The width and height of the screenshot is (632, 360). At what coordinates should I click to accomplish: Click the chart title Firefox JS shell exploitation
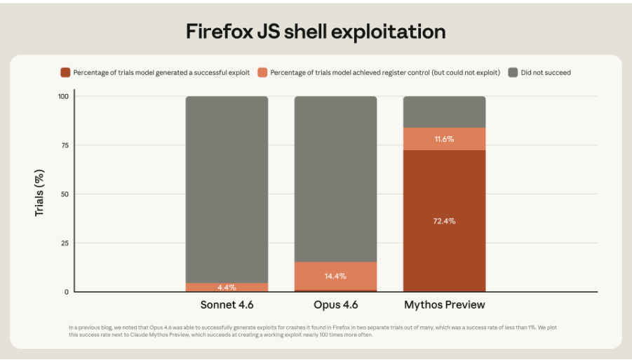[316, 31]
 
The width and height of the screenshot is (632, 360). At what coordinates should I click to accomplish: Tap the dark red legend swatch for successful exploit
[65, 72]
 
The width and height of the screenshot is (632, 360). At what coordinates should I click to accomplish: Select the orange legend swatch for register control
[262, 72]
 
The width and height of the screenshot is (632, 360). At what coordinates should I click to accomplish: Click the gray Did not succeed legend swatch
[513, 72]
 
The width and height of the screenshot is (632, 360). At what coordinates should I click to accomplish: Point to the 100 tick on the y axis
[63, 96]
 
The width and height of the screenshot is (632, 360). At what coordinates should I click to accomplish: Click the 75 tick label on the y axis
[65, 145]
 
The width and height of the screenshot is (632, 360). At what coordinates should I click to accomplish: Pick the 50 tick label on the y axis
[65, 194]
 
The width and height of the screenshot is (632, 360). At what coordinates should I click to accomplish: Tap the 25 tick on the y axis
[65, 243]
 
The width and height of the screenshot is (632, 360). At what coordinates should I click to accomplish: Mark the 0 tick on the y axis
[67, 291]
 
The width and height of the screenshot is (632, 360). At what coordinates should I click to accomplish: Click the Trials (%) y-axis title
[40, 193]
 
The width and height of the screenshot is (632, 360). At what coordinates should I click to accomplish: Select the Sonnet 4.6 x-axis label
[227, 305]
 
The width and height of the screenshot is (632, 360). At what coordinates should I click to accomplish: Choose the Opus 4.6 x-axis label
[335, 305]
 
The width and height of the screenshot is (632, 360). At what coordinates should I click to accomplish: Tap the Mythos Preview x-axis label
[444, 305]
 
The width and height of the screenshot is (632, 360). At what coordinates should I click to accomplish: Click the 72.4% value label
[444, 221]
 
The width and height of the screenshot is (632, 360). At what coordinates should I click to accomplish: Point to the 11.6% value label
[444, 139]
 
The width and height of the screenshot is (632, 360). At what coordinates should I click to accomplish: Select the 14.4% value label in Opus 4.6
[335, 276]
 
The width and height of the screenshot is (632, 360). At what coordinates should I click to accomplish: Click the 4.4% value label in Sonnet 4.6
[227, 287]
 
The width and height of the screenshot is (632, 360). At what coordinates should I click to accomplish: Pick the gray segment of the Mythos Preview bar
[444, 112]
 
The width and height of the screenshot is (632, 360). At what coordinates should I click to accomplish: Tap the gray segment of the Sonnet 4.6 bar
[227, 189]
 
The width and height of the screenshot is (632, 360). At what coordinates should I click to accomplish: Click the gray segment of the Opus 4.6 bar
[335, 179]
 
